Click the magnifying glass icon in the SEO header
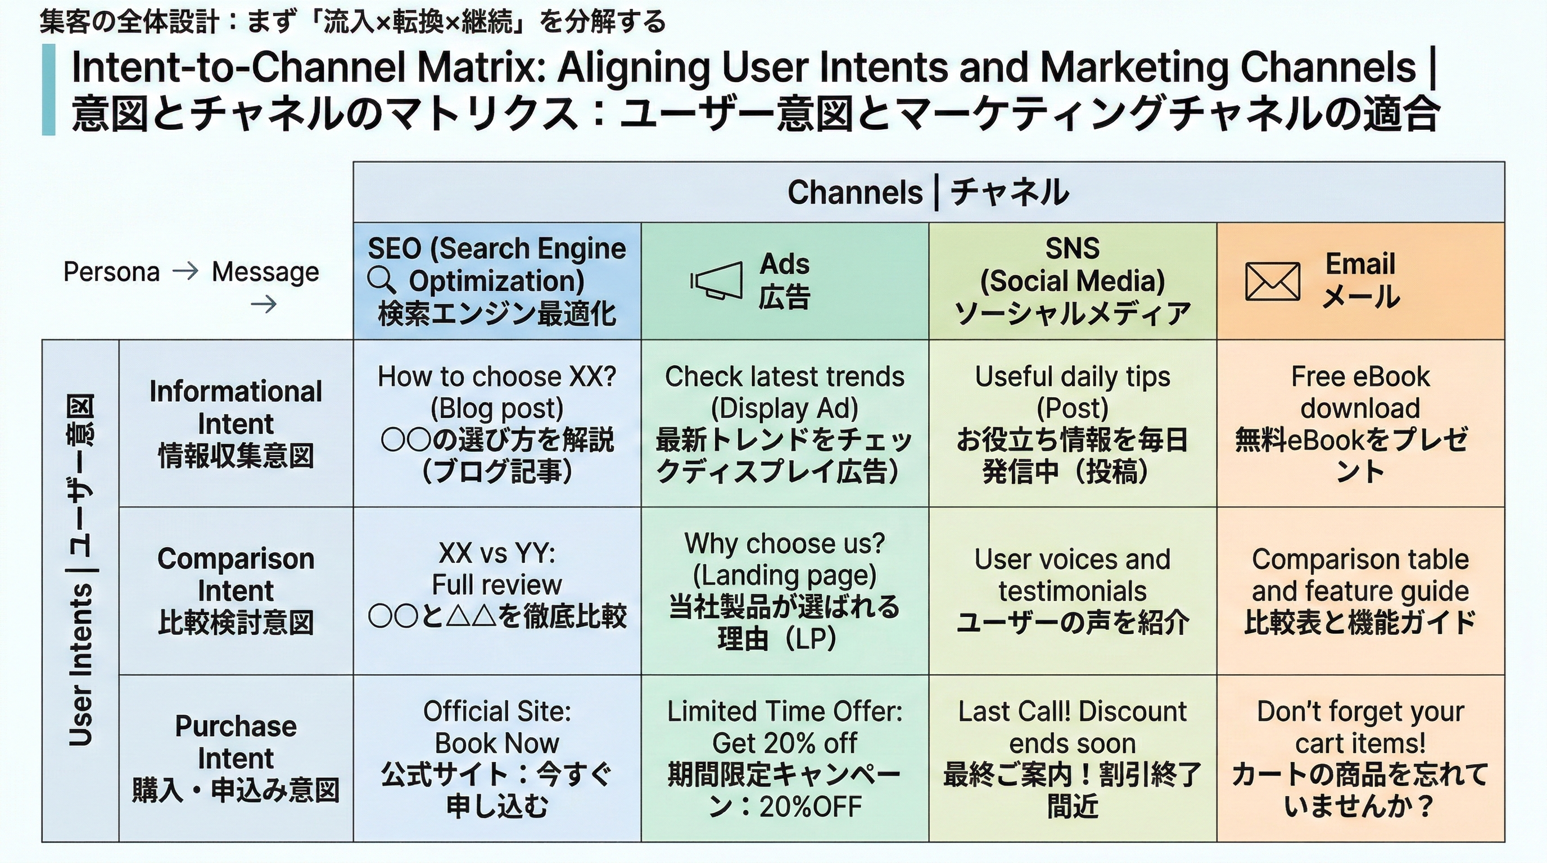pyautogui.click(x=381, y=280)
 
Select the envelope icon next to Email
pyautogui.click(x=1273, y=281)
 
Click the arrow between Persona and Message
pyautogui.click(x=185, y=272)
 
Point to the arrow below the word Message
pyautogui.click(x=264, y=305)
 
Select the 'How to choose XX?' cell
pyautogui.click(x=497, y=423)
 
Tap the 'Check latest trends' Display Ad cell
pyautogui.click(x=784, y=423)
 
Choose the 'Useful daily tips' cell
pyautogui.click(x=1072, y=423)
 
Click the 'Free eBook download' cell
pyautogui.click(x=1360, y=423)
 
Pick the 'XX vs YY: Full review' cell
pyautogui.click(x=497, y=591)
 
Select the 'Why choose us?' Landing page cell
pyautogui.click(x=784, y=591)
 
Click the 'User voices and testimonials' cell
pyautogui.click(x=1072, y=591)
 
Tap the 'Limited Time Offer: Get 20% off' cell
pyautogui.click(x=784, y=758)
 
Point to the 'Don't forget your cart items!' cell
pyautogui.click(x=1360, y=758)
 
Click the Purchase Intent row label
pyautogui.click(x=236, y=758)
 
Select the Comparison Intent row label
pyautogui.click(x=236, y=591)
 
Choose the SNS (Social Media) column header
pyautogui.click(x=1072, y=281)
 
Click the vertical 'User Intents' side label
pyautogui.click(x=80, y=570)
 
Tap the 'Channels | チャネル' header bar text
pyautogui.click(x=928, y=193)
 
